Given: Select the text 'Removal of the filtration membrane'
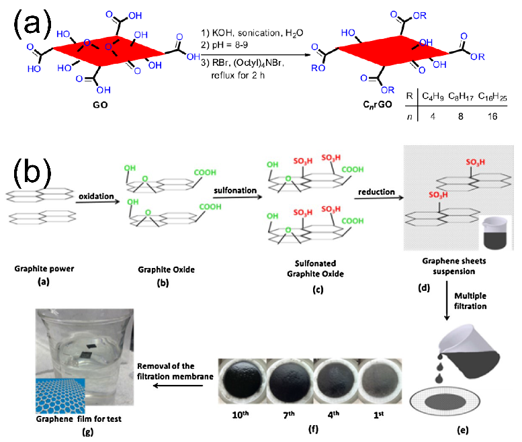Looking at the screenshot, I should [x=176, y=370].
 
